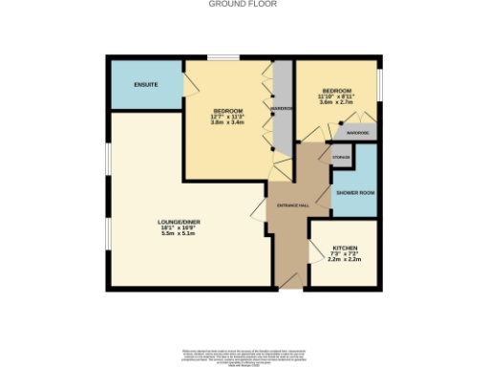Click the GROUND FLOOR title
244,4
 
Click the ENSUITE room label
146,85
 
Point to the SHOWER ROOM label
353,193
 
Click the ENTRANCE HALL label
292,205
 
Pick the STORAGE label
341,156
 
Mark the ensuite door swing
192,80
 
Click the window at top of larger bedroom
223,59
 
